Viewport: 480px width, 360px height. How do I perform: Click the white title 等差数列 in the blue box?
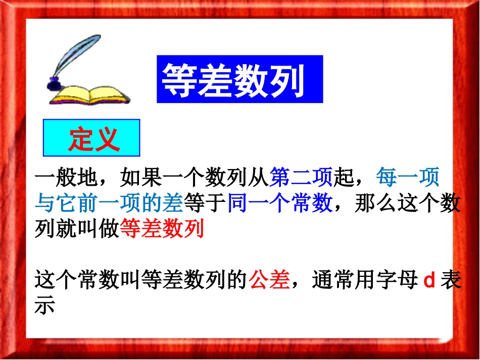tap(233, 81)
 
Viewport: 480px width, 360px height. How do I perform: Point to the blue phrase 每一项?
tap(407, 177)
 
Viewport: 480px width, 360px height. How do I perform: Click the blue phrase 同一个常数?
tap(279, 203)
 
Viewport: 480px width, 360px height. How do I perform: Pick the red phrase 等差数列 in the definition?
tap(161, 229)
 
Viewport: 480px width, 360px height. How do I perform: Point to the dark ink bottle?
tap(53, 84)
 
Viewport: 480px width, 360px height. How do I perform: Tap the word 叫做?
tap(93, 229)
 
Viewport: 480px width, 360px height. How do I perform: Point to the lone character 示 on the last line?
tap(44, 306)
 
